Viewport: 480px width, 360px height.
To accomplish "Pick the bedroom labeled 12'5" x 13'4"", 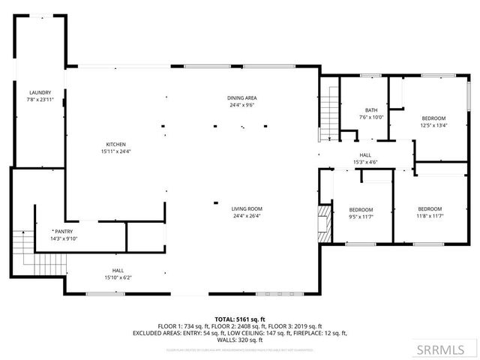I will click(x=433, y=121).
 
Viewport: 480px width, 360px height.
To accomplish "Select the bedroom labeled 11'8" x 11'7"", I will click(x=430, y=212).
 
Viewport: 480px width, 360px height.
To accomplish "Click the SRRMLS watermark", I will click(x=446, y=349).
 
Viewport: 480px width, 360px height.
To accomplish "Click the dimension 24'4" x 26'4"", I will click(x=246, y=217).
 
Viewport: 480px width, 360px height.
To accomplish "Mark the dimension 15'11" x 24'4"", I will click(x=115, y=151).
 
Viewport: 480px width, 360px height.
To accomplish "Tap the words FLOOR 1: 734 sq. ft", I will click(x=184, y=326).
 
